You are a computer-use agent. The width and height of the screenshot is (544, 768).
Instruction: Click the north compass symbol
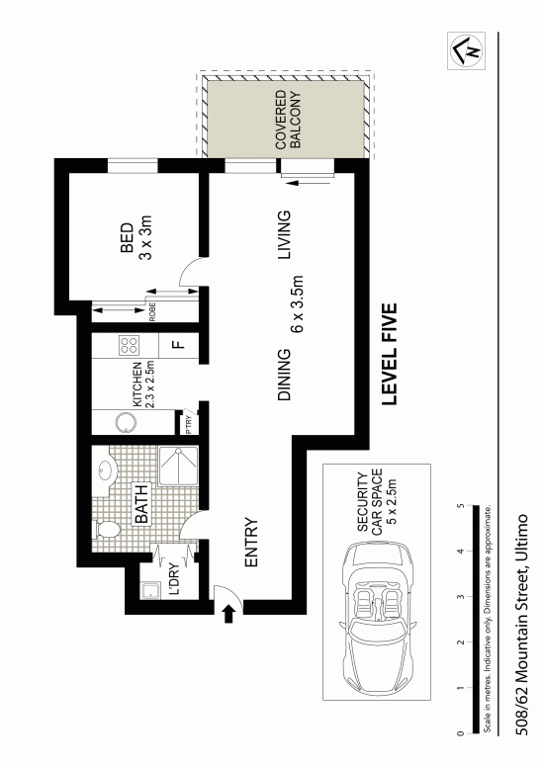pos(466,50)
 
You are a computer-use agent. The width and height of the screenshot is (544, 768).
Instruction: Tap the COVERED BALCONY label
pos(288,119)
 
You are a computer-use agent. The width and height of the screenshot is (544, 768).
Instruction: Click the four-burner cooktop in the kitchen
pos(130,345)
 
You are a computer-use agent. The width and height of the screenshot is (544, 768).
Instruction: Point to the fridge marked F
pos(179,345)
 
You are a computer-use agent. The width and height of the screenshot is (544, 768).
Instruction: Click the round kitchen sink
pos(126,422)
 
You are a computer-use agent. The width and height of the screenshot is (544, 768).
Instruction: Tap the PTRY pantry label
pos(189,424)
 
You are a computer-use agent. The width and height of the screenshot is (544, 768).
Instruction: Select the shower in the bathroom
pos(178,466)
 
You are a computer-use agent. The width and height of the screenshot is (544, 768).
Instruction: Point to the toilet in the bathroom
pos(107,530)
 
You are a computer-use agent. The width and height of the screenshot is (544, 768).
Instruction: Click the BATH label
pos(141,504)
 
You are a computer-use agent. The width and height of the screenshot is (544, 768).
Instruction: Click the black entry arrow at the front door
pos(227,613)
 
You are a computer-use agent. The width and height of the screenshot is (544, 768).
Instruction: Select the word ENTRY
pos(251,543)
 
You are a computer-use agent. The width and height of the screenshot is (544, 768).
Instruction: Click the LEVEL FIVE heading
pos(389,354)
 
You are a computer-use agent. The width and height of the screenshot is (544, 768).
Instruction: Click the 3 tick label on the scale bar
pos(460,597)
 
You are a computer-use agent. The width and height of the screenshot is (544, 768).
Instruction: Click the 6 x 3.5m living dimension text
pos(298,304)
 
